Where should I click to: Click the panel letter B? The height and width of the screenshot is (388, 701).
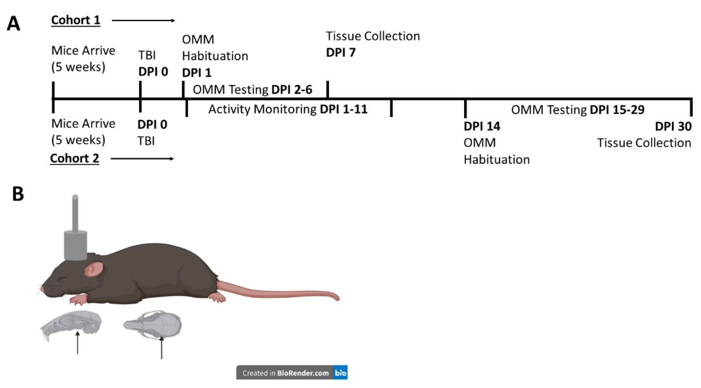18,194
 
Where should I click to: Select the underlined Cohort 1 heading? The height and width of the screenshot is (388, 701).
76,20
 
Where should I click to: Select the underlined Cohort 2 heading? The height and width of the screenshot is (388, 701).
75,159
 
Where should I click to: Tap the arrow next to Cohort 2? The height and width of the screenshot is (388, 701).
142,159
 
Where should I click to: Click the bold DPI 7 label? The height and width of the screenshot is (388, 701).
341,53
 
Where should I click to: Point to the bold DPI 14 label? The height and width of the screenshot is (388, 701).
482,126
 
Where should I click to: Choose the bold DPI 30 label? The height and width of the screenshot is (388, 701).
673,126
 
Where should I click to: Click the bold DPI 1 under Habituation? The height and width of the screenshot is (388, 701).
197,73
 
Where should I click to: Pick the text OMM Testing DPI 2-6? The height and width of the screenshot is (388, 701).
252,90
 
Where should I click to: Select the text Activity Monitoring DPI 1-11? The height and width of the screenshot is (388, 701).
288,109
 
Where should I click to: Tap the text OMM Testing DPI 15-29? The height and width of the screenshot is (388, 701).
577,110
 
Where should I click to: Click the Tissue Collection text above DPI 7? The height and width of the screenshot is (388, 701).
373,36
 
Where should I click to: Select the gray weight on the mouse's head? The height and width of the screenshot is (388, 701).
75,244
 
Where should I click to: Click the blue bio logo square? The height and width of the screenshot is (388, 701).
340,373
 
